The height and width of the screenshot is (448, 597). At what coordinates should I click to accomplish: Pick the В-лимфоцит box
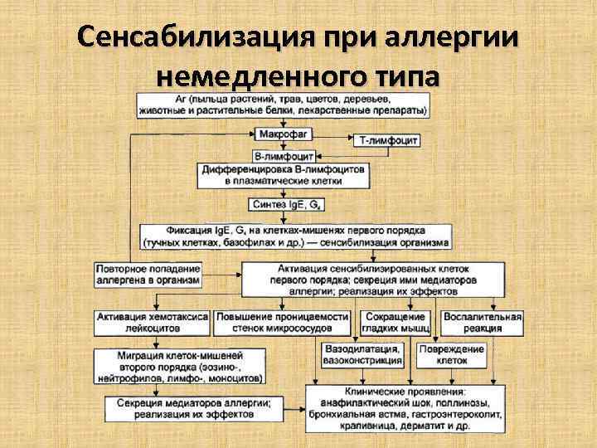[x=284, y=155]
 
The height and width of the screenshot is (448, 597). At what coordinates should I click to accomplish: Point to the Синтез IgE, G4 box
[x=284, y=205]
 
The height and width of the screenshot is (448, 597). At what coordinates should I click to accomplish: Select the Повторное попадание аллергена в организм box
[x=148, y=275]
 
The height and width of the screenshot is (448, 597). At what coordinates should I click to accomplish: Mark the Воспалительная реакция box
[x=483, y=321]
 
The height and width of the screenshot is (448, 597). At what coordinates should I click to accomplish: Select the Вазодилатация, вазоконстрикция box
[x=362, y=355]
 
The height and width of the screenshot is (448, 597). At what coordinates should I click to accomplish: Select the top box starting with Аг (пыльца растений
[x=284, y=104]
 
